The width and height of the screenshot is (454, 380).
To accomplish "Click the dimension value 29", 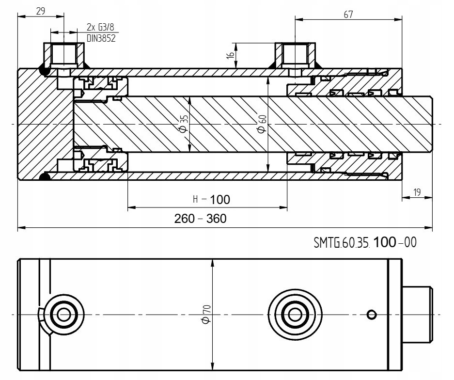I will coord(40,11).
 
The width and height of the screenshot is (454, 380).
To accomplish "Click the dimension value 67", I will coord(348,15).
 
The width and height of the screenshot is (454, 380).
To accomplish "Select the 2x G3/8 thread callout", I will coord(101,28).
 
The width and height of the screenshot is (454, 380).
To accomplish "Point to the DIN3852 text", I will coord(101,39).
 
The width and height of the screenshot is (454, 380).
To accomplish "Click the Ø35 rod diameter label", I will coord(183,123).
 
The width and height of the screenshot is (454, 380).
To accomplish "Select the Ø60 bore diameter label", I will coord(262,123).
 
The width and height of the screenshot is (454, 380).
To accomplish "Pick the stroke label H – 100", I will coord(211,199).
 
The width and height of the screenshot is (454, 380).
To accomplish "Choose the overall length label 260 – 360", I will coord(201,219).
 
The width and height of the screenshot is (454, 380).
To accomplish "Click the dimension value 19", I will coord(417,192).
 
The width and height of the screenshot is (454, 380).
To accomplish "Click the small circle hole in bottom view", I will coord(372,315).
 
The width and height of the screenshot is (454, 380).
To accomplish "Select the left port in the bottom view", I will coord(63,314).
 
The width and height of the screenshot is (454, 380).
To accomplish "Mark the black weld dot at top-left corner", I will coord(45,71).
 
